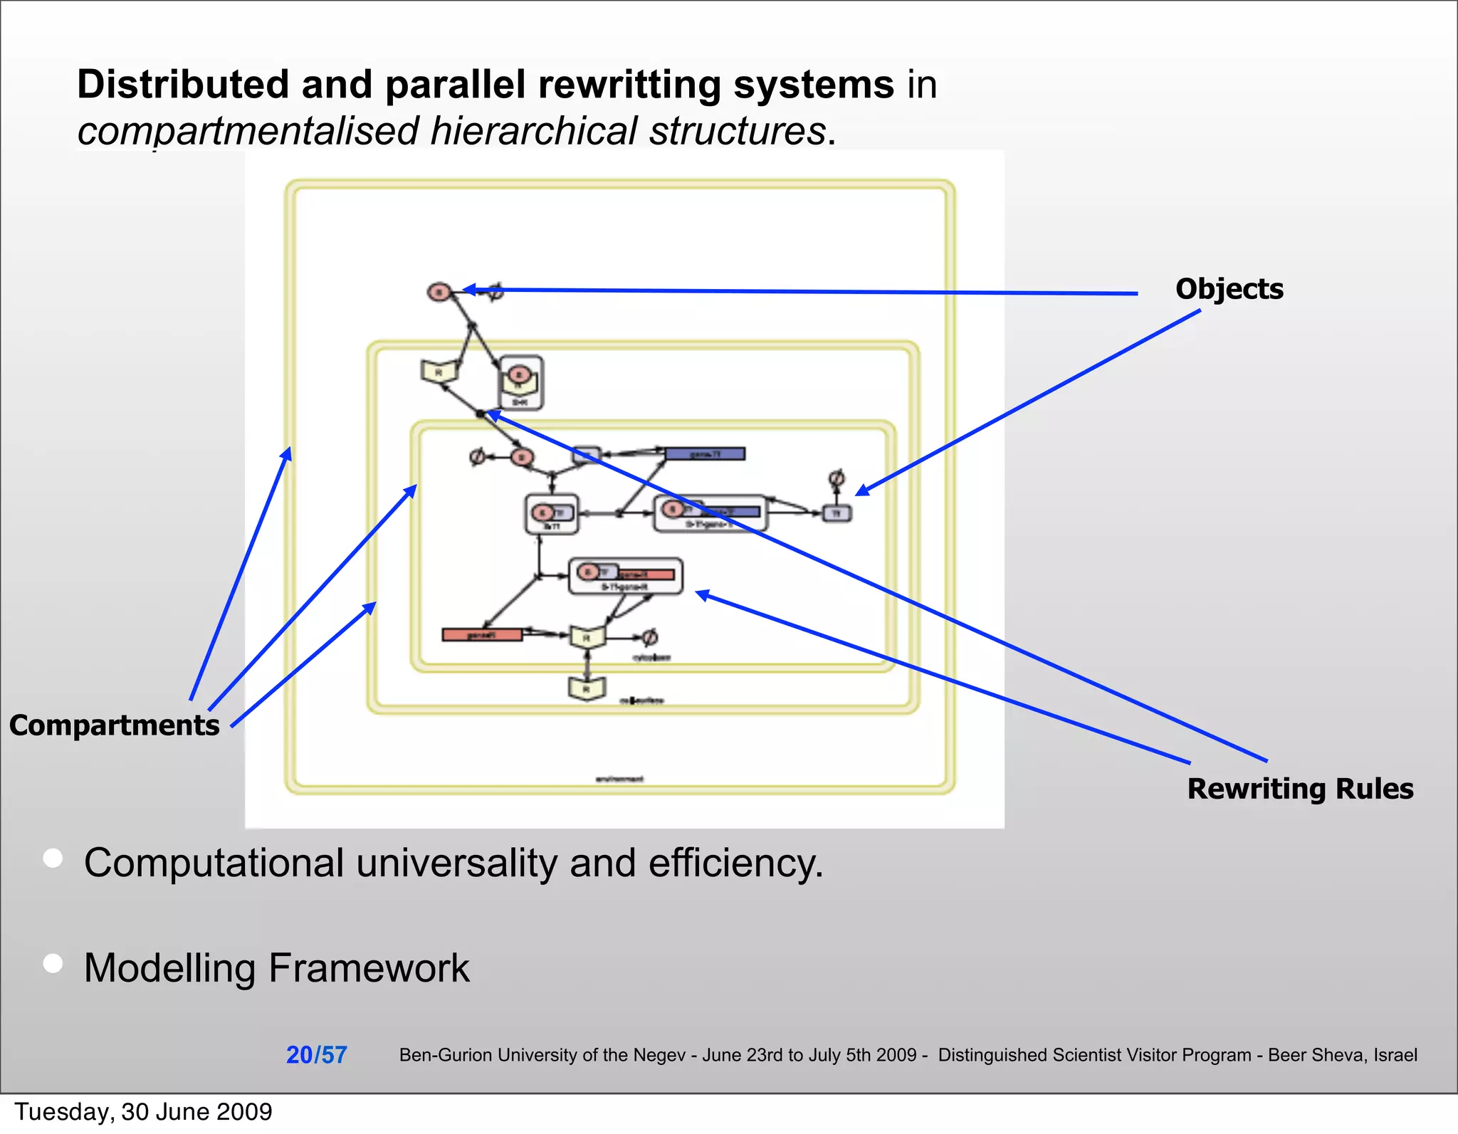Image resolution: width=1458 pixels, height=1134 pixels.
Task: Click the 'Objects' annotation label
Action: (x=1229, y=289)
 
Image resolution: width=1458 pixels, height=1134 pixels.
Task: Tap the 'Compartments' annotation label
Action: (x=115, y=725)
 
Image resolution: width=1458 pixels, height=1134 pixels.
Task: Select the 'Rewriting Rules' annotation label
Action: (x=1300, y=789)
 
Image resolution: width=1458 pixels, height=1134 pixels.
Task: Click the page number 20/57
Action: (x=316, y=1054)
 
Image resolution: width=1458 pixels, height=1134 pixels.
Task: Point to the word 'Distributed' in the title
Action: (x=183, y=84)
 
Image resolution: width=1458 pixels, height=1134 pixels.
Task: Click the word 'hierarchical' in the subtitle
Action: (x=533, y=131)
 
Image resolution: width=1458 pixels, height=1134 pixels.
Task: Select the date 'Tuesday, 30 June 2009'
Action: (x=143, y=1112)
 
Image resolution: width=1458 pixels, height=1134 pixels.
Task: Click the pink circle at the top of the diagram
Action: (x=439, y=292)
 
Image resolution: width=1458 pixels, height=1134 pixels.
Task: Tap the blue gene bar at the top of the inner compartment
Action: (x=705, y=453)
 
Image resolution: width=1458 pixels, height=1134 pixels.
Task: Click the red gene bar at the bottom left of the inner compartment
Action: (x=482, y=634)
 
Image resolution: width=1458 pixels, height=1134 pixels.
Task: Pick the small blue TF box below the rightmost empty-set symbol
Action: (x=837, y=513)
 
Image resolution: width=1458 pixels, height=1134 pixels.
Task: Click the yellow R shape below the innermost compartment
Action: (x=587, y=688)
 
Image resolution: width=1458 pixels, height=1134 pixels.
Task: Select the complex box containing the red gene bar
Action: (x=626, y=575)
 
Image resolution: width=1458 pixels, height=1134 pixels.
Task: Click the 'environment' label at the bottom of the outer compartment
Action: (x=619, y=779)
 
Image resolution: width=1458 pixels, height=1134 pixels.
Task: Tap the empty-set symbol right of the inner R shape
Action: (x=649, y=637)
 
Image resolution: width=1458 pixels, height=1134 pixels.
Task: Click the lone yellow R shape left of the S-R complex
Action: (x=439, y=371)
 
